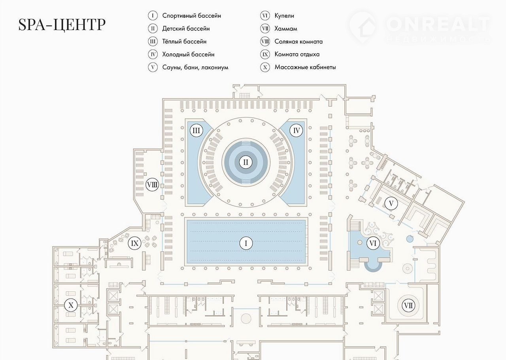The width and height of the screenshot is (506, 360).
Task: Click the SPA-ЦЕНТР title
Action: pos(62,25)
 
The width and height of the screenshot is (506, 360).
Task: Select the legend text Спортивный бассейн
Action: pos(191,16)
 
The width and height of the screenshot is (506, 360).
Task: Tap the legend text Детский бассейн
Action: pos(186,28)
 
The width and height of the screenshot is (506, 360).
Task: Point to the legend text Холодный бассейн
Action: pos(188,54)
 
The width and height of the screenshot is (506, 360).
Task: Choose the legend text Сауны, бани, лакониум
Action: pos(195,67)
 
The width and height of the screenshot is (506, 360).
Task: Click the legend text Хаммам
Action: pos(286,28)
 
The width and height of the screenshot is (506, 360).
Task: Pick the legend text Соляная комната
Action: pos(298,42)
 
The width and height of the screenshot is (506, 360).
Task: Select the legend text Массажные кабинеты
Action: pos(305,67)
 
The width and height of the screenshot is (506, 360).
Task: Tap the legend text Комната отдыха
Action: pos(297,54)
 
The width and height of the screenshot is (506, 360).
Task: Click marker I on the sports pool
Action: pos(246,244)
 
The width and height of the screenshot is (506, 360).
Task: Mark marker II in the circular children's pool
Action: pos(246,162)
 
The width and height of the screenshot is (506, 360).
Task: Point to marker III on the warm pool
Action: pos(196,131)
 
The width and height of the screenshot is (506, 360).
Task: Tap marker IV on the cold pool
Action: pos(296,131)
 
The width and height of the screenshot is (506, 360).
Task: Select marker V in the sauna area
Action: pos(391,204)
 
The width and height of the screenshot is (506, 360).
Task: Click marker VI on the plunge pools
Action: pos(373,244)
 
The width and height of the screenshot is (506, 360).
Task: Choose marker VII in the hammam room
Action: pos(408,305)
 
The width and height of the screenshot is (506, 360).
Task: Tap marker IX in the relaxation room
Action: pos(135,244)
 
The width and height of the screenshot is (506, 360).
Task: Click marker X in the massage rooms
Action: pos(71,305)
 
